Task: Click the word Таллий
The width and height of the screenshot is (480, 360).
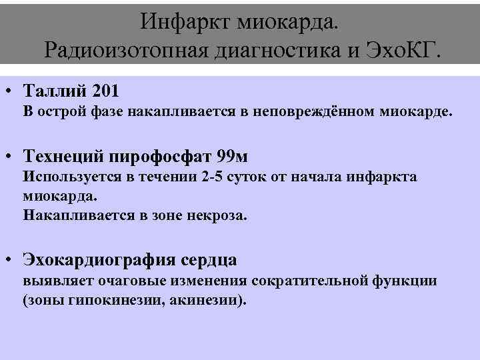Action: [55, 89]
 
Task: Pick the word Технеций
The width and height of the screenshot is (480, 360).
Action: [64, 157]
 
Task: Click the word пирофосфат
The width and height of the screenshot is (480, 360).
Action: [161, 157]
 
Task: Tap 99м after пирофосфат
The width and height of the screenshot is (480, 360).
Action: [233, 157]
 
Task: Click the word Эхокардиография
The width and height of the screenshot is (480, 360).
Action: [99, 259]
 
